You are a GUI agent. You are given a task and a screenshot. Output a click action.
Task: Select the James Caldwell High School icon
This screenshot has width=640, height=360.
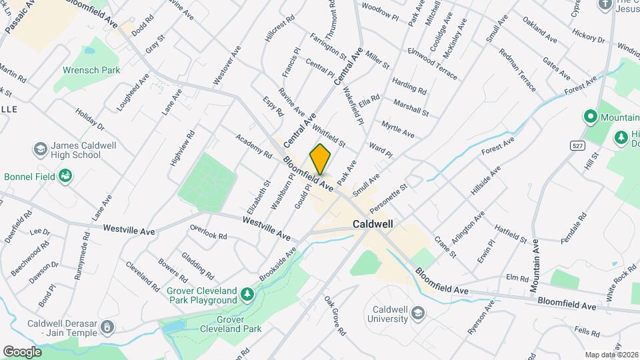[x=40, y=148]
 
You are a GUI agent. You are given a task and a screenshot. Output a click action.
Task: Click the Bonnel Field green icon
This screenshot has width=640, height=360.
[x=66, y=176]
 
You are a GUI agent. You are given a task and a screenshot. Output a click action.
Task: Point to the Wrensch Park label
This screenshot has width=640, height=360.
[x=91, y=69]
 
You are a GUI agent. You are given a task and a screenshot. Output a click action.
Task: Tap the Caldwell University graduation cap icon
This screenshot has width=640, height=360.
[x=417, y=313]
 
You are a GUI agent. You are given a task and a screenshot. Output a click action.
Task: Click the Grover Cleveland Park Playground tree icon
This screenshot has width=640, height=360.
[x=247, y=293]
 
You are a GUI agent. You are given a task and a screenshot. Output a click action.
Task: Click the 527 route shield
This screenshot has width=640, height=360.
[x=577, y=145]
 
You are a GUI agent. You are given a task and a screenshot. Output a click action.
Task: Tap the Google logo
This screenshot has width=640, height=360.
[x=22, y=351]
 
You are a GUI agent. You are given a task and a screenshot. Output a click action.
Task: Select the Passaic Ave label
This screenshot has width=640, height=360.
[x=20, y=17]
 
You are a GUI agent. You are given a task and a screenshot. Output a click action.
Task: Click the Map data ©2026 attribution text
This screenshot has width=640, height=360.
[x=611, y=354]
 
